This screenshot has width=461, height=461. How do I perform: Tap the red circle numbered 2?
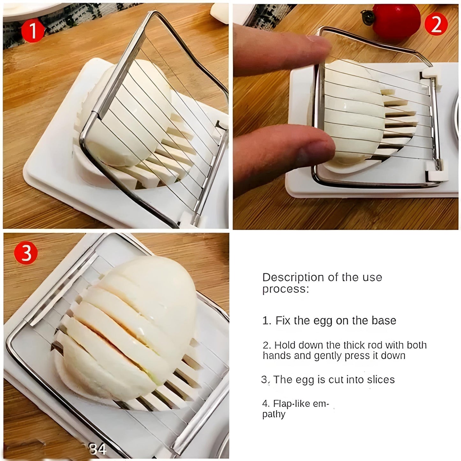click(x=436, y=24)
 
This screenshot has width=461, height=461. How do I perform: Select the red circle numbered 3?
click(x=26, y=252)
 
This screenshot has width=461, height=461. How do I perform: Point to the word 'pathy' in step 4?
click(x=274, y=415)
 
